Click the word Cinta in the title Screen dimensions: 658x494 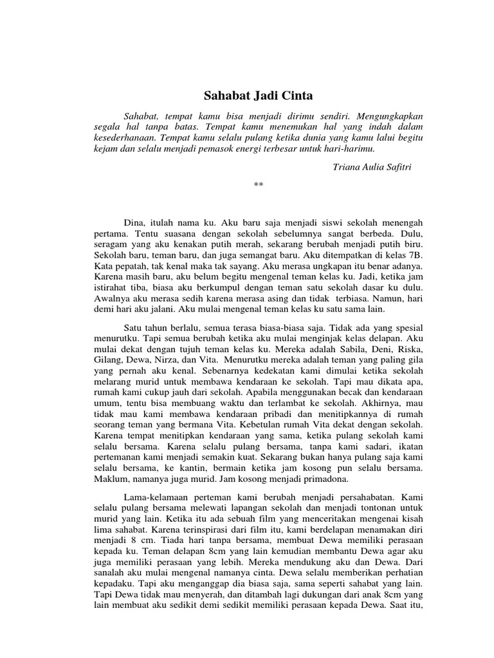295,96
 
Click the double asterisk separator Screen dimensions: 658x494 259,185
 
